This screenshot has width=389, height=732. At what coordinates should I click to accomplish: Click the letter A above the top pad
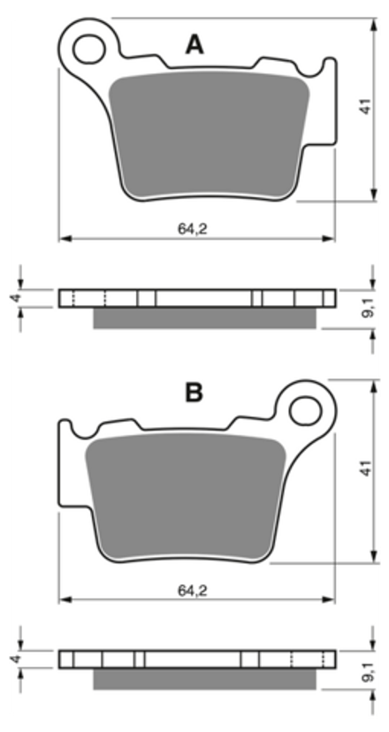point(194,45)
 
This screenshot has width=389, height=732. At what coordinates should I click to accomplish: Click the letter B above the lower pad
point(194,393)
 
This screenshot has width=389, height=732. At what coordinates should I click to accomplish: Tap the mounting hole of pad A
point(89,49)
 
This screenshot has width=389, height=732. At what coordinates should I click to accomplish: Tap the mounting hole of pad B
point(305,411)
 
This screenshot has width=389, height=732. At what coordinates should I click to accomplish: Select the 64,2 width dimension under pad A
point(192,228)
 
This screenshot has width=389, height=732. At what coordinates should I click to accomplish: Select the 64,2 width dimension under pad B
point(192,591)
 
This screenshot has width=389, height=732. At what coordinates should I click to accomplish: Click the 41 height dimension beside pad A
point(367,106)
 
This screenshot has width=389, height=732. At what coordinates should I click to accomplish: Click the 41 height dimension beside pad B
point(367,468)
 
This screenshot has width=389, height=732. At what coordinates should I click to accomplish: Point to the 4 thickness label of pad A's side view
point(16,298)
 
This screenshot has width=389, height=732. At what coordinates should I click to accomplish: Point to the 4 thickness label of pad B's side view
point(16,659)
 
